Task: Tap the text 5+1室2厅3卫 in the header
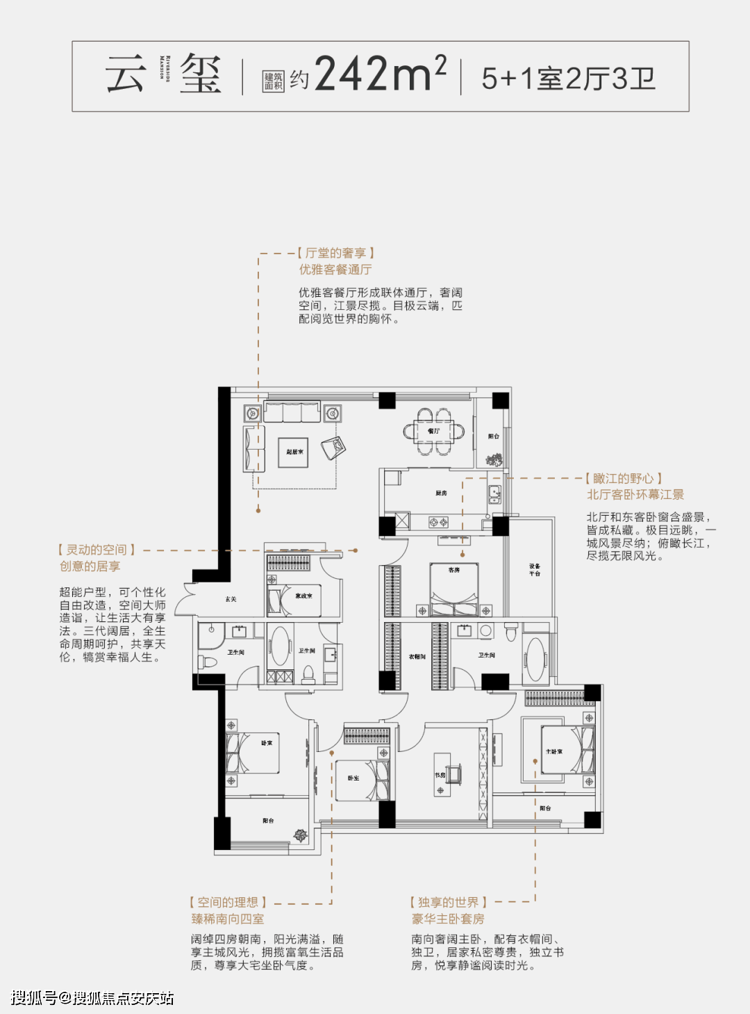(x=568, y=79)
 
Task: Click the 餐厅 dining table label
(x=434, y=432)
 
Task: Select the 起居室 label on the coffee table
(x=294, y=452)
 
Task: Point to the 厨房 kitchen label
(x=442, y=493)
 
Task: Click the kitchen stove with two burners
(x=438, y=521)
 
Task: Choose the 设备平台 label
(x=535, y=570)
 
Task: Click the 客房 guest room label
(x=454, y=570)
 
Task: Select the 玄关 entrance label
(x=231, y=599)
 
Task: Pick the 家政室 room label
(x=303, y=596)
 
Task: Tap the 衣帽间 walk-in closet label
(x=417, y=656)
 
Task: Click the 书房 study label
(x=440, y=775)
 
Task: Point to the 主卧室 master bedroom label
(x=554, y=751)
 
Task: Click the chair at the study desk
(x=454, y=773)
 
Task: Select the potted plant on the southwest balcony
(x=300, y=835)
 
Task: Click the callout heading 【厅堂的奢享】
(x=336, y=253)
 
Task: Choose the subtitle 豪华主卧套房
(x=448, y=919)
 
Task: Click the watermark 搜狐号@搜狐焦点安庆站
(x=92, y=998)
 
